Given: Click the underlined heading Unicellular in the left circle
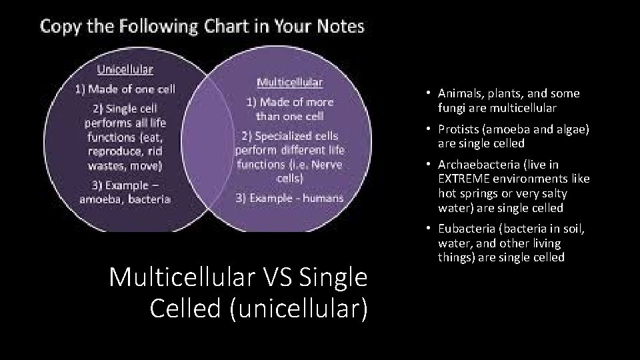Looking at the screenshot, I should tap(125, 69).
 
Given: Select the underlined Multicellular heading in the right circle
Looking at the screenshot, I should tap(290, 83).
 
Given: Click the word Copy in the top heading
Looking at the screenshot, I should tap(62, 27).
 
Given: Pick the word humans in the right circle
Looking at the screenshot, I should tap(323, 197).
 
